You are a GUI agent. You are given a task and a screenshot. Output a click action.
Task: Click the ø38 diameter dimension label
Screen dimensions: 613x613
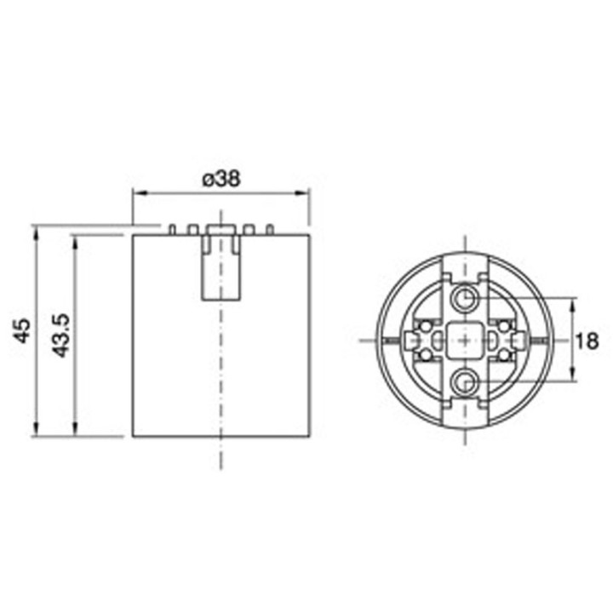(221, 179)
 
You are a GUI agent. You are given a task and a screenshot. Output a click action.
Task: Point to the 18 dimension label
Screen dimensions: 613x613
(587, 341)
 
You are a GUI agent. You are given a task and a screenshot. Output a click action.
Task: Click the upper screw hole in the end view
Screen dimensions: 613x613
(465, 298)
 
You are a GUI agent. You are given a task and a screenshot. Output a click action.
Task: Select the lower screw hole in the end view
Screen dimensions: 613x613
(465, 381)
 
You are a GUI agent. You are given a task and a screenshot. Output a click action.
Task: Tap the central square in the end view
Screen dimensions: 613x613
(465, 339)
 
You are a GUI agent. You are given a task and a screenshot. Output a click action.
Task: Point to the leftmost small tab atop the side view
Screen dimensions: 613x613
(173, 229)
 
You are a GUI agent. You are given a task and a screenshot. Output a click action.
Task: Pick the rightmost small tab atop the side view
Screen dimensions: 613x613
(270, 229)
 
